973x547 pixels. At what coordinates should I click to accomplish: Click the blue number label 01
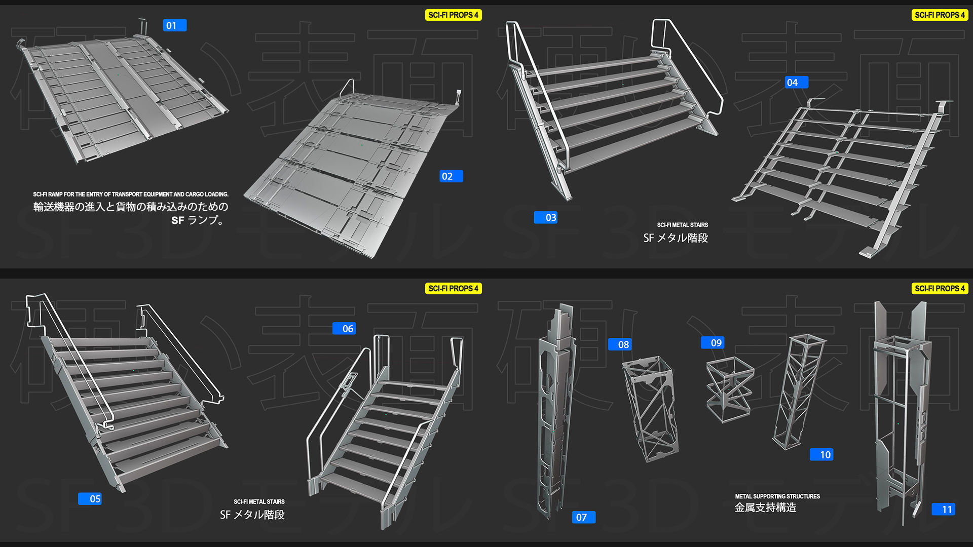174,25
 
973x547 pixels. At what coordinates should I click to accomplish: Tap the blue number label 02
451,176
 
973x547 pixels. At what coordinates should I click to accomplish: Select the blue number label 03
545,217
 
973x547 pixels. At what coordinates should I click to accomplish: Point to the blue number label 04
796,82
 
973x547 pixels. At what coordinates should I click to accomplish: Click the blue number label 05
90,499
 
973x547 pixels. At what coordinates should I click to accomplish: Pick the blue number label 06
344,328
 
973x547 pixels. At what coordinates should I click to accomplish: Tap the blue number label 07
583,517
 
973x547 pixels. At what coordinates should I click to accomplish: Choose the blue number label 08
619,344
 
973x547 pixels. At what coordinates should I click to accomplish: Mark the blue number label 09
712,343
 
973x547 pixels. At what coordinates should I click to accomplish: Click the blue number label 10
821,455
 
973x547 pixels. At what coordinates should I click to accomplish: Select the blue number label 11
943,509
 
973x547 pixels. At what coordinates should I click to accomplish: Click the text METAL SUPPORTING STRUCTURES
777,496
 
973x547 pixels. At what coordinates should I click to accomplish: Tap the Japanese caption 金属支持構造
765,507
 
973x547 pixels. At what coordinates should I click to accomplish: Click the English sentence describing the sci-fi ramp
131,194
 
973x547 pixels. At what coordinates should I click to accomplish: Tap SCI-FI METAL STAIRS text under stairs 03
682,225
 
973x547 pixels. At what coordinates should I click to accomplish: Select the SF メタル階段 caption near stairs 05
252,515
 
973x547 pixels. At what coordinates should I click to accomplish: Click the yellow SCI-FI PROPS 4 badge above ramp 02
453,15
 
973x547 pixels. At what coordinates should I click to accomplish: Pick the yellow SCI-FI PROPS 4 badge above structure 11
940,289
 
